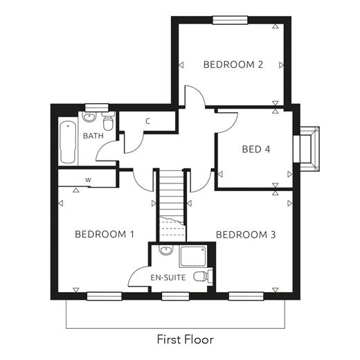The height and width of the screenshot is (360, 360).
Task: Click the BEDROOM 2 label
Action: pos(233,64)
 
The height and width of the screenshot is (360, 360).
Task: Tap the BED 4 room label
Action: pos(256,150)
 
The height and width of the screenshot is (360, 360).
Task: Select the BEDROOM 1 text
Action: pos(105,234)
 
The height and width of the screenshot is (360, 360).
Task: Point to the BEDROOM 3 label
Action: pos(246,235)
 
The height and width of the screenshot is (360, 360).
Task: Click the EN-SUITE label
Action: pos(168,278)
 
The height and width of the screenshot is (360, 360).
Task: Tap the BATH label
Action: pos(93,136)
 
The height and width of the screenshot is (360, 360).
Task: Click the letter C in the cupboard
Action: pos(148,121)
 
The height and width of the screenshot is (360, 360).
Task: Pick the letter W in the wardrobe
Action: pos(88,180)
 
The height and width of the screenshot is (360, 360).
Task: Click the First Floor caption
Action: pos(186,339)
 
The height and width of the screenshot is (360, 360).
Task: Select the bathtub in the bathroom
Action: pos(68,143)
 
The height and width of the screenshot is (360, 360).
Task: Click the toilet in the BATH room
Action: pos(108,121)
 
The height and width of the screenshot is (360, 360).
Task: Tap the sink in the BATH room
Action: pos(89,117)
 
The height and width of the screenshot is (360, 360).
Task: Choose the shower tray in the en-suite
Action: pos(193,256)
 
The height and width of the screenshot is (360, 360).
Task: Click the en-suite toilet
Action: pos(203,276)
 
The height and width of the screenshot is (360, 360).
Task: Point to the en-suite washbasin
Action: pos(166,250)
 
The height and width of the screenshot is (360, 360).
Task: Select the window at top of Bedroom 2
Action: pos(230,20)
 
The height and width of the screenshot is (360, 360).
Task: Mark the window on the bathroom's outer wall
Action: pos(97,107)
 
